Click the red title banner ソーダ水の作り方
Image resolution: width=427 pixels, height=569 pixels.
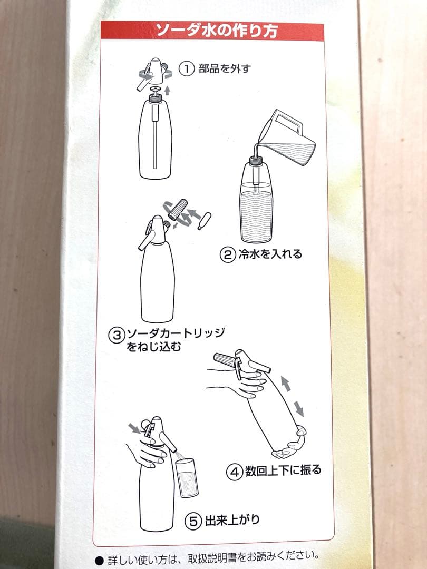tap(216, 31)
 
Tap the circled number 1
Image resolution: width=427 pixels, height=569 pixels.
tap(186, 69)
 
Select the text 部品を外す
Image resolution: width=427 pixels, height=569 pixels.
tap(224, 69)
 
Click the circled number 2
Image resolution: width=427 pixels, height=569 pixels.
tap(227, 254)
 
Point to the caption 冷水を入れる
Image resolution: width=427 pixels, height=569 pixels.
tap(268, 254)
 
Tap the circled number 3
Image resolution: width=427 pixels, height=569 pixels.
tap(116, 334)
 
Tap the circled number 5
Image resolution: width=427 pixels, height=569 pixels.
tap(193, 521)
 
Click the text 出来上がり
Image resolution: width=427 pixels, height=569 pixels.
tap(231, 521)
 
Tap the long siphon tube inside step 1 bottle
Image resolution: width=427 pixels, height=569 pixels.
tap(155, 140)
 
